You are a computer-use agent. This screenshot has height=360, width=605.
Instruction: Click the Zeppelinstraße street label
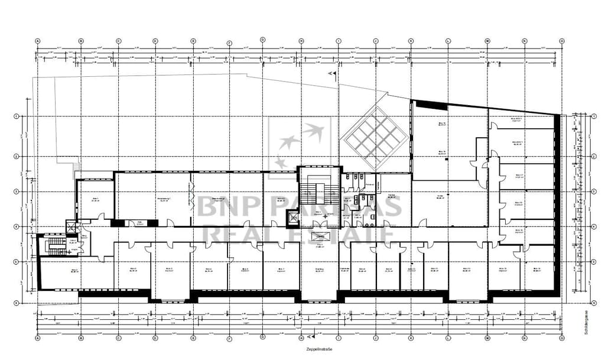[x=302, y=350]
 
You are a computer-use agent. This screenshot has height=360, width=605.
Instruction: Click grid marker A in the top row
[x=38, y=41]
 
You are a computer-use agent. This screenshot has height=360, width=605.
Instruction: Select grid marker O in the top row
[x=561, y=41]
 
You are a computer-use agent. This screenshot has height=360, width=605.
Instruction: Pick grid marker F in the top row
[x=229, y=43]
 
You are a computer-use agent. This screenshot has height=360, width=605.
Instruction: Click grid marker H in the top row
[x=301, y=41]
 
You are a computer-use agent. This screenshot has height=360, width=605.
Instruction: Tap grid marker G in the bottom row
[x=262, y=338]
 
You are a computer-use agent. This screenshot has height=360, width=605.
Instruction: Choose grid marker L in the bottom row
[x=448, y=338]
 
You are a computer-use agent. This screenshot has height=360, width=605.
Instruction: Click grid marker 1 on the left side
[x=16, y=116]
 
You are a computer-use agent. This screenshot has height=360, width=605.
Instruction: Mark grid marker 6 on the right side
[x=593, y=302]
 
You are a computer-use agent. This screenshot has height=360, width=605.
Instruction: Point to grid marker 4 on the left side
[x=16, y=226]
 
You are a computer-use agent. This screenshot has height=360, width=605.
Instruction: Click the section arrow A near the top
[x=331, y=74]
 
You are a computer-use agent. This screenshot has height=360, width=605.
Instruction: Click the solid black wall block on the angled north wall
[x=431, y=105]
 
